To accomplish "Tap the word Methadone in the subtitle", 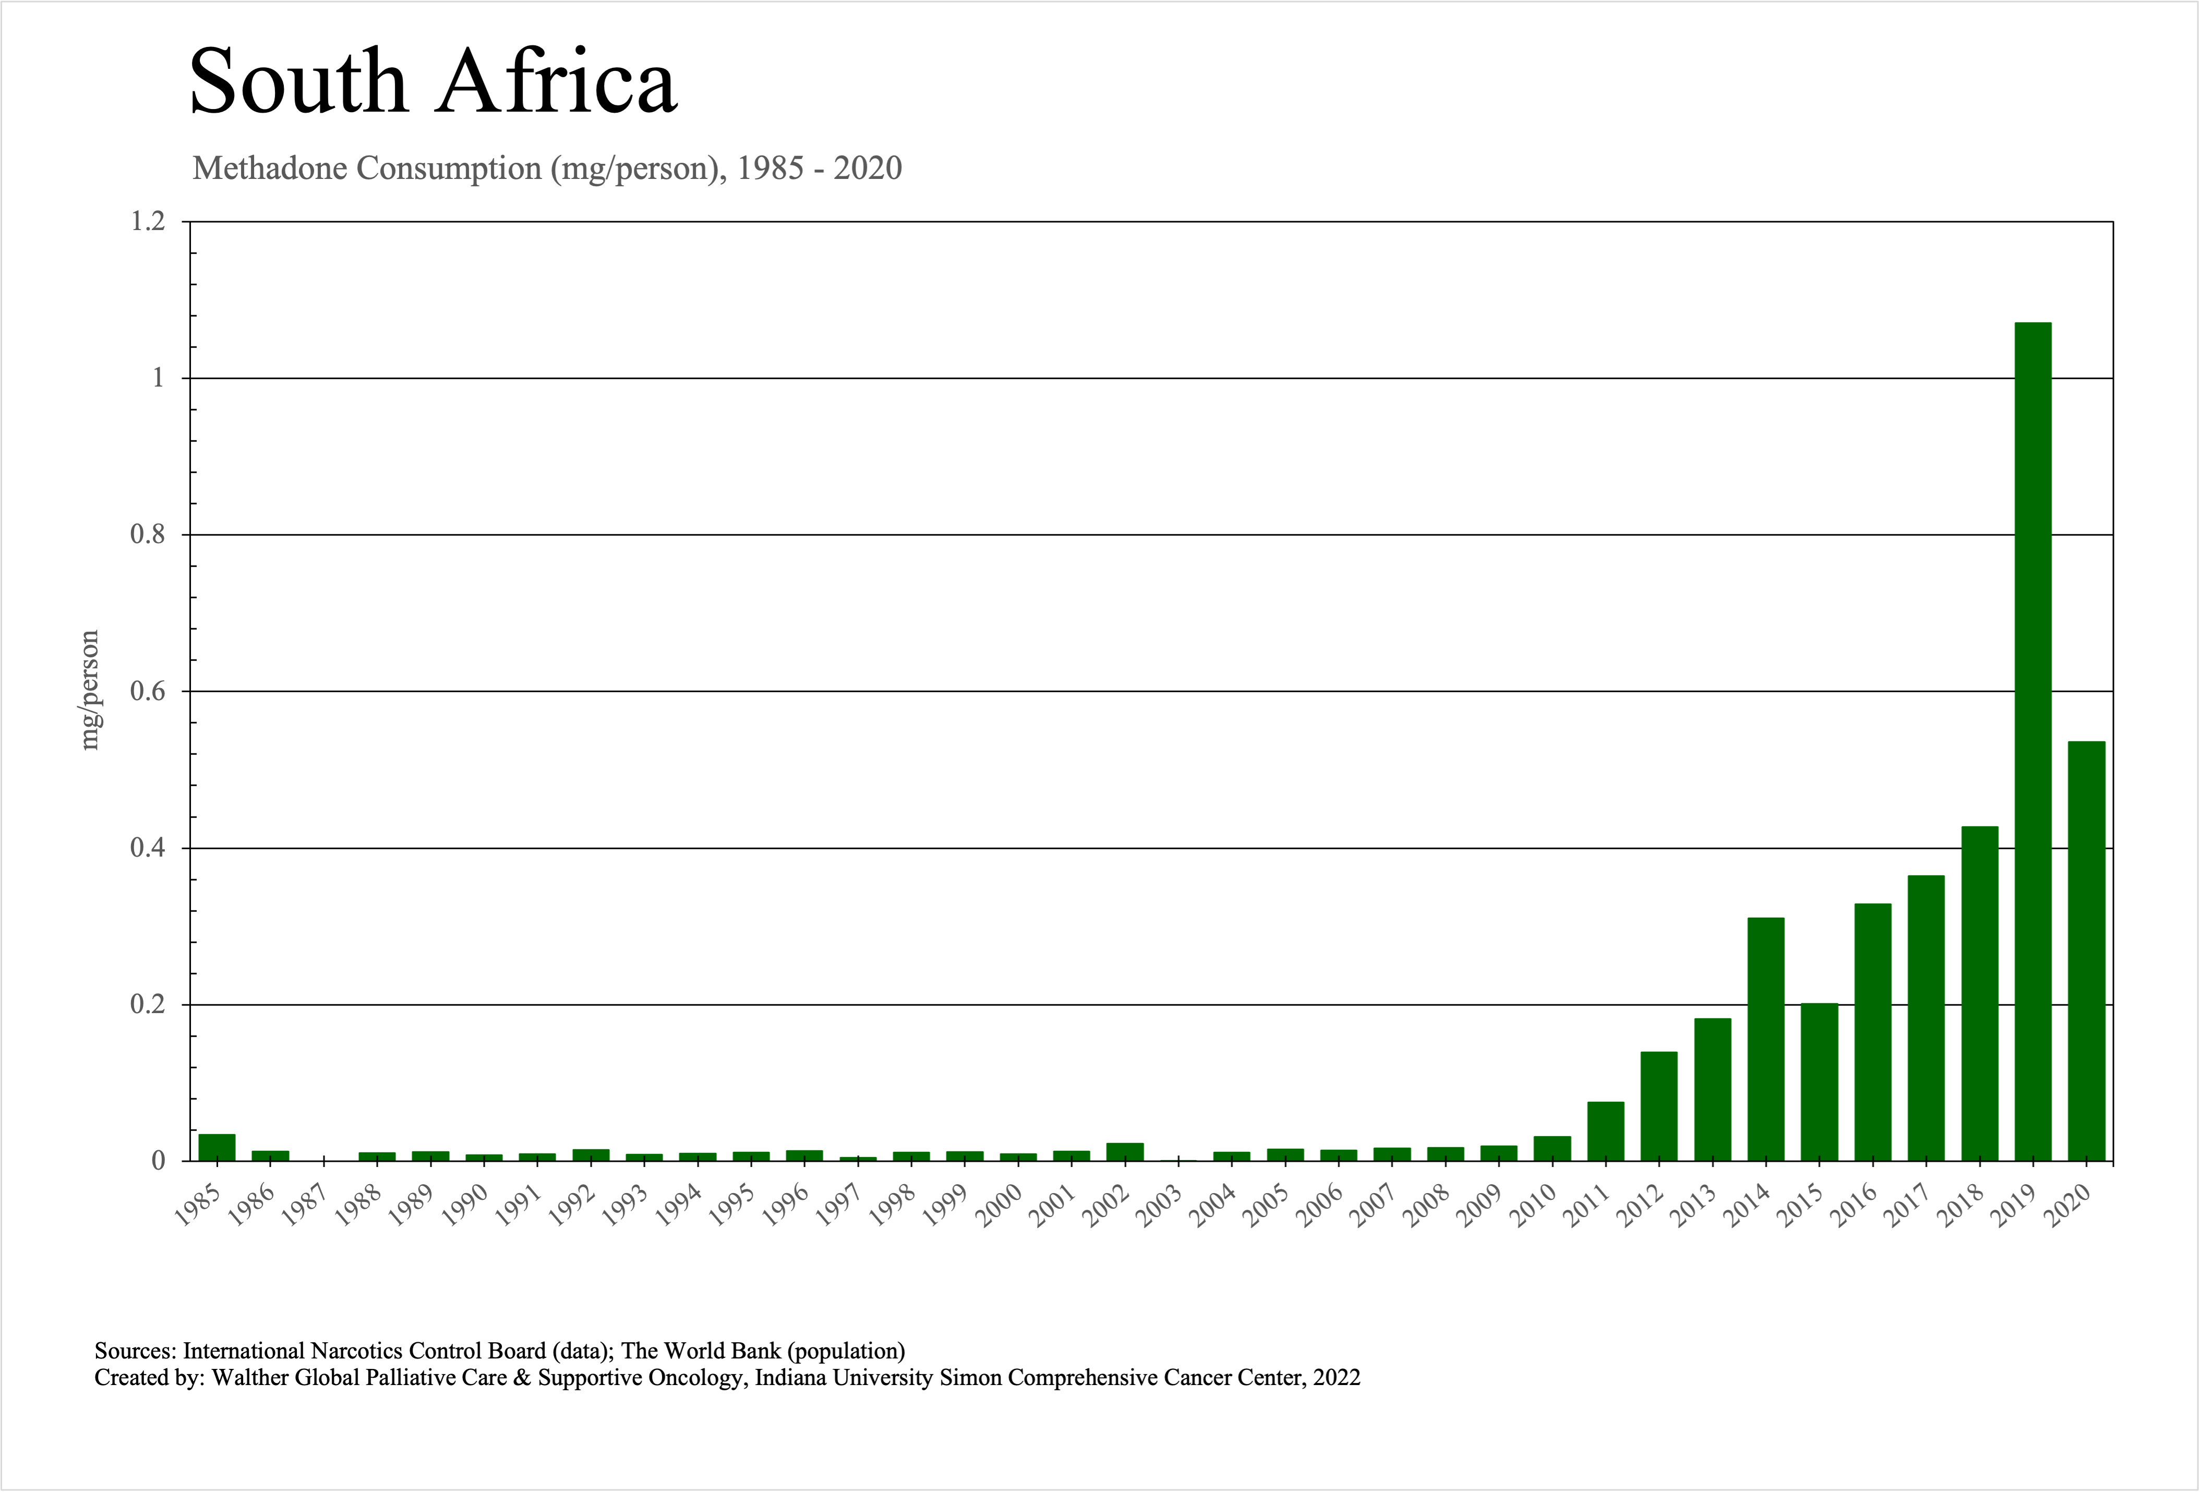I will [270, 169].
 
